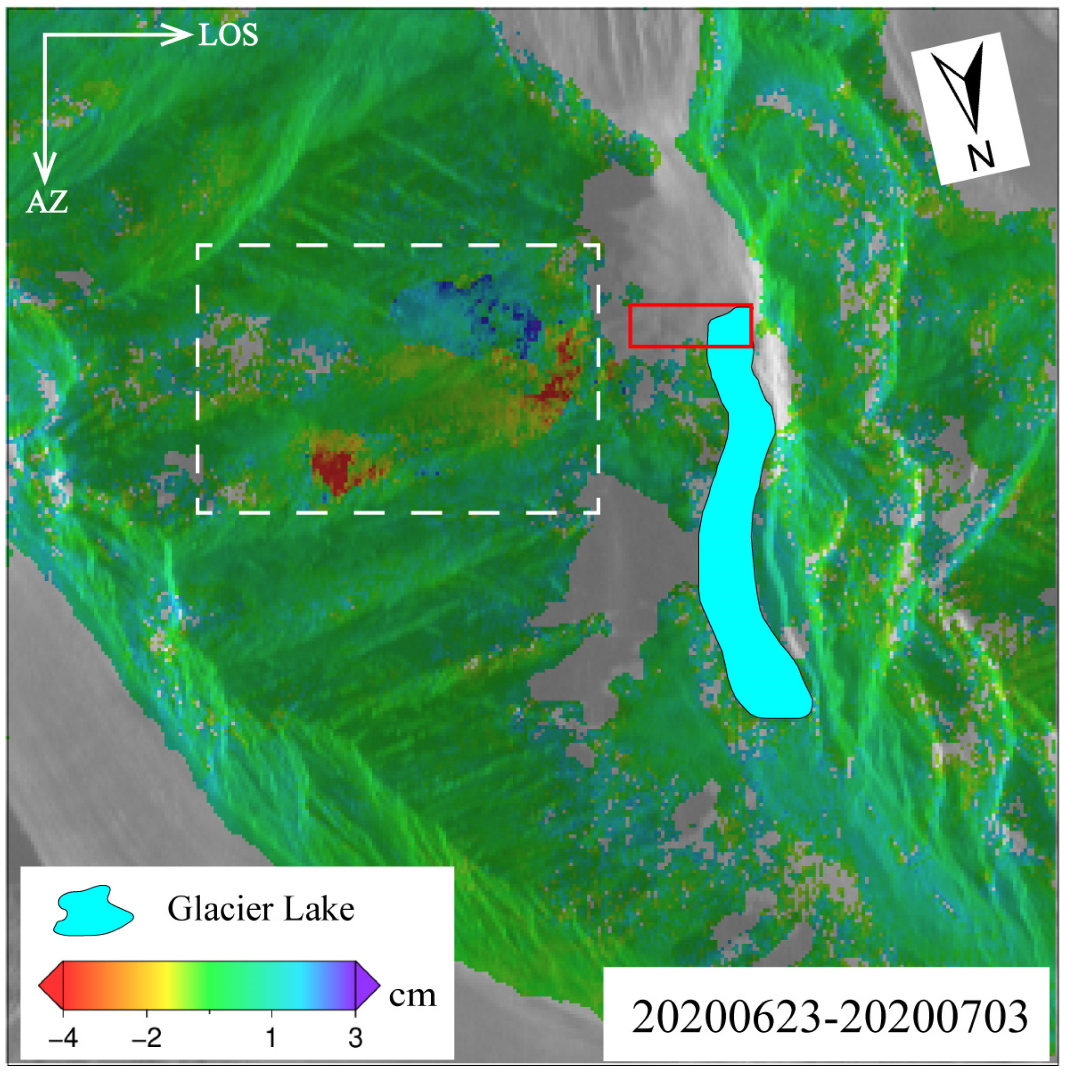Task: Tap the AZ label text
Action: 47,202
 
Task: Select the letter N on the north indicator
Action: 981,156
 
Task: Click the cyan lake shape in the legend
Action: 93,910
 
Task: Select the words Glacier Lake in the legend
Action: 261,910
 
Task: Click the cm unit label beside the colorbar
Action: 412,996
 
